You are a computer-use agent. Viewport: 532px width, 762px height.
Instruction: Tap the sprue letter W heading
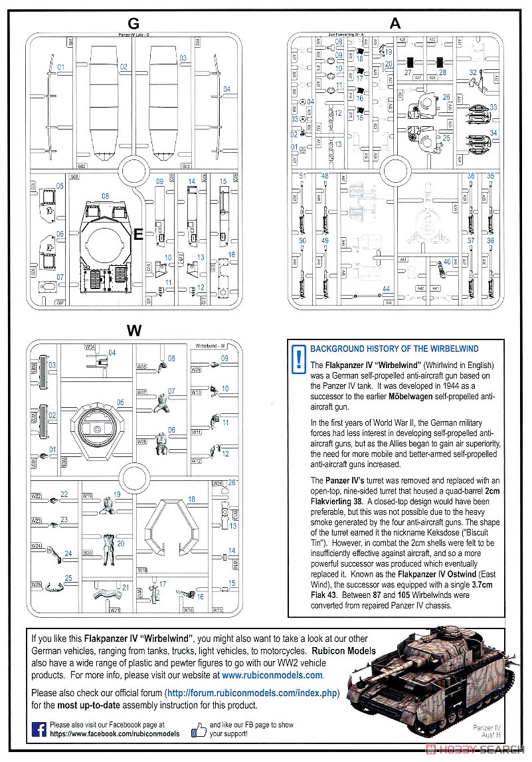(133, 330)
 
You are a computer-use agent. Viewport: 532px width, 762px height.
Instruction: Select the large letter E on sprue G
(138, 234)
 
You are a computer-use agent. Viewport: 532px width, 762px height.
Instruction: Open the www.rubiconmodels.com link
(272, 675)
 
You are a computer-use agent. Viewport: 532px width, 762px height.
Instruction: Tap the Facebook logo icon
(39, 730)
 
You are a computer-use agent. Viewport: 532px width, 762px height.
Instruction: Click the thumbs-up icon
(199, 730)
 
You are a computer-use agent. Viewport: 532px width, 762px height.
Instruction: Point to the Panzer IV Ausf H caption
(488, 732)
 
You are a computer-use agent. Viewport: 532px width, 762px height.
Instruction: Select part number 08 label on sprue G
(105, 196)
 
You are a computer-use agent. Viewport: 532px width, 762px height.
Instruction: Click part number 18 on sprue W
(191, 499)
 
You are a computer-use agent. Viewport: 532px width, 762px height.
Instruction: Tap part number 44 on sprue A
(386, 288)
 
